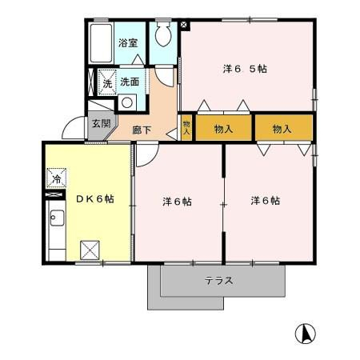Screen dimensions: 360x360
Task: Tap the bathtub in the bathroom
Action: (101, 43)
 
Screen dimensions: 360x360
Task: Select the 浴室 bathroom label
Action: (128, 43)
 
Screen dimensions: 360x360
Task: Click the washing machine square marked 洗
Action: (107, 82)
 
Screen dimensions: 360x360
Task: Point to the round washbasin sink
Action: (127, 102)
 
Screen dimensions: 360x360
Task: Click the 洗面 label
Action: (130, 82)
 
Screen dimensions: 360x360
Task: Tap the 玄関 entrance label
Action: (102, 123)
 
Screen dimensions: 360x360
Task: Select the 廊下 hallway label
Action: (142, 130)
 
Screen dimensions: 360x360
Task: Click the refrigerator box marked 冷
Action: (56, 178)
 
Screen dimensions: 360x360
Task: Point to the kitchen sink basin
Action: (58, 218)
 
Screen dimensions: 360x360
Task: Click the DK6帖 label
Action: (95, 199)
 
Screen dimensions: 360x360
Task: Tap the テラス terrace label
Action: (219, 281)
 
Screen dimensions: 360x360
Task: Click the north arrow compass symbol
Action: (306, 334)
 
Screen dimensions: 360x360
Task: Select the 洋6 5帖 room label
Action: (245, 69)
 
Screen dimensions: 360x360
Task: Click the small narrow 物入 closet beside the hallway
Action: (186, 127)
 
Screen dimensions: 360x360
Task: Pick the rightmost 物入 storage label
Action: (282, 129)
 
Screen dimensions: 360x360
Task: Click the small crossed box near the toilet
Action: (184, 25)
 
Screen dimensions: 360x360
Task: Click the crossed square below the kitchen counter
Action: (90, 250)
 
